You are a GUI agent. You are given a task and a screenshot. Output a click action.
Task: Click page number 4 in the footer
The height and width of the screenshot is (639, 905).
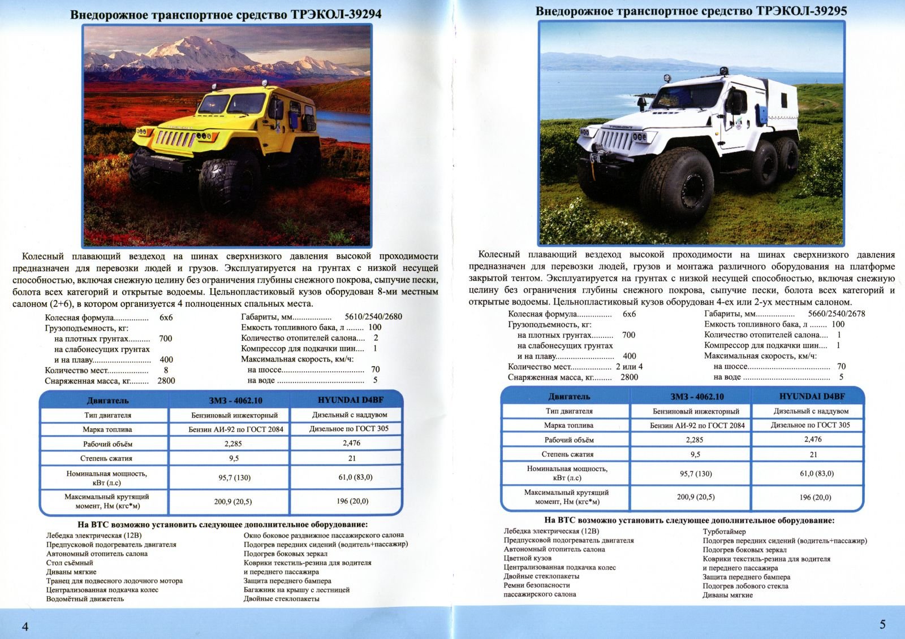[x=25, y=626]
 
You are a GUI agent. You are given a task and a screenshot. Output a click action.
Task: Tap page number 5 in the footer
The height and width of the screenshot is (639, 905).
[x=882, y=624]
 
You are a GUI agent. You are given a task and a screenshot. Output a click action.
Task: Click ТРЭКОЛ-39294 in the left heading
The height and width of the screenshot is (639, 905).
[x=336, y=14]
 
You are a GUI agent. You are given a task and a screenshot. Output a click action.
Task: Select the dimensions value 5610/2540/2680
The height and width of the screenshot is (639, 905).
[x=373, y=316]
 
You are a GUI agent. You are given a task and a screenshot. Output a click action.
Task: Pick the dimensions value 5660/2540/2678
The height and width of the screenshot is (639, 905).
[x=836, y=314]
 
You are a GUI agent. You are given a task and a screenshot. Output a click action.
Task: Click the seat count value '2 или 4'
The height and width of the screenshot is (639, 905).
[x=629, y=367]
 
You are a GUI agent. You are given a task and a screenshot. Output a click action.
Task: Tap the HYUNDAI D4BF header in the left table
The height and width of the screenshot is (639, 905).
[x=350, y=400]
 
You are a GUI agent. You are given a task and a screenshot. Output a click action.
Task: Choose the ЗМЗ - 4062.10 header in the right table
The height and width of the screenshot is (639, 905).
[x=696, y=397]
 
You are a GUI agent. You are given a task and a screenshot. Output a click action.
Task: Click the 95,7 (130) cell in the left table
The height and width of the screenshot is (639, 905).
[x=234, y=477]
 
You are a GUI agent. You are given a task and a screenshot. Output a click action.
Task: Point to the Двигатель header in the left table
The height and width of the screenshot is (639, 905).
[x=107, y=401]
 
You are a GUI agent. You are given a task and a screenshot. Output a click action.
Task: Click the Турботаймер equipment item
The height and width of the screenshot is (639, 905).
[x=724, y=531]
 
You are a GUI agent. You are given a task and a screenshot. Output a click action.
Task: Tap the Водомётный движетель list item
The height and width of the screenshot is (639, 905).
[x=85, y=599]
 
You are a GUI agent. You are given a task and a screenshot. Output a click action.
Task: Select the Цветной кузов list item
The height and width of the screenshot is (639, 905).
[x=527, y=558]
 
